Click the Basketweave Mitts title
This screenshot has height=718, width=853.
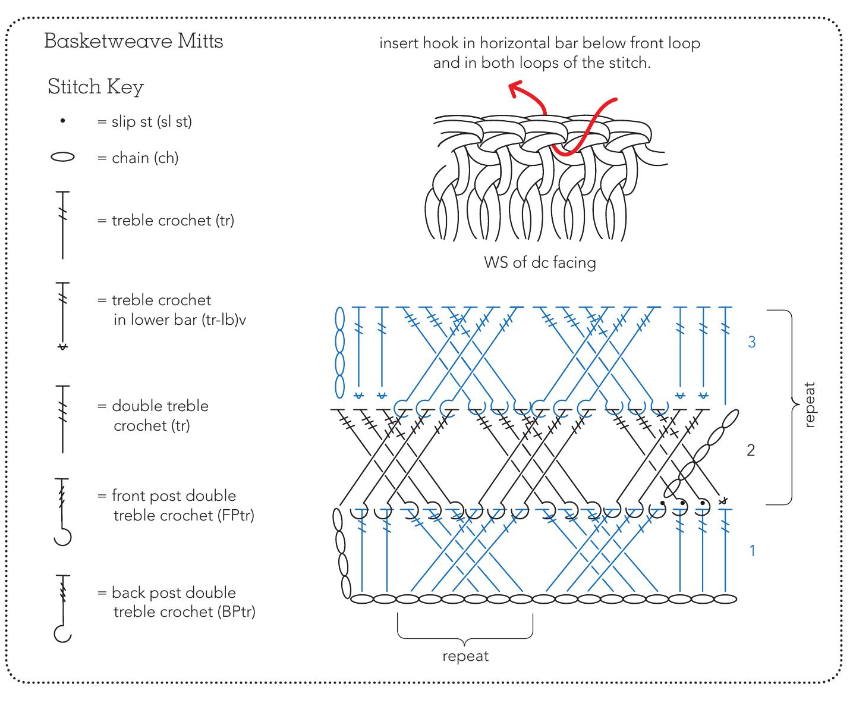(x=133, y=41)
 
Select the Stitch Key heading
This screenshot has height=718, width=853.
(x=95, y=87)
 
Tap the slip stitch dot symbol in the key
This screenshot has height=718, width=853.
(x=62, y=121)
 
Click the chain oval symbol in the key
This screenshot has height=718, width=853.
(x=62, y=157)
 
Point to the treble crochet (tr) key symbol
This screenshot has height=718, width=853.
(x=62, y=225)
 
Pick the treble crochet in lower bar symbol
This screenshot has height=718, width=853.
(x=62, y=315)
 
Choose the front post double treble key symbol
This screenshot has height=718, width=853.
(x=62, y=512)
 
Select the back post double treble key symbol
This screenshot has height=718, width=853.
(x=62, y=608)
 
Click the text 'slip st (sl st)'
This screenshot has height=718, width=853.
(x=152, y=121)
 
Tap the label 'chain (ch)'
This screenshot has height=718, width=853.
(x=145, y=158)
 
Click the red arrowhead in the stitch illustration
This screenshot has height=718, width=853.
(x=515, y=90)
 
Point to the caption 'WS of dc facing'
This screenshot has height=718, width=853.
(x=540, y=262)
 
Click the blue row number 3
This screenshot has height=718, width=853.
(x=751, y=342)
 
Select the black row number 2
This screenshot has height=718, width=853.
(x=751, y=450)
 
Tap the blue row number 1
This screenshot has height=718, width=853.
(x=752, y=551)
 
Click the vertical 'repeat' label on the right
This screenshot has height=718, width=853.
(x=809, y=405)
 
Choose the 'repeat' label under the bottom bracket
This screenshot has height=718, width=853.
(x=465, y=656)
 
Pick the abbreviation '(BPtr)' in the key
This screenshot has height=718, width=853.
(x=237, y=612)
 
